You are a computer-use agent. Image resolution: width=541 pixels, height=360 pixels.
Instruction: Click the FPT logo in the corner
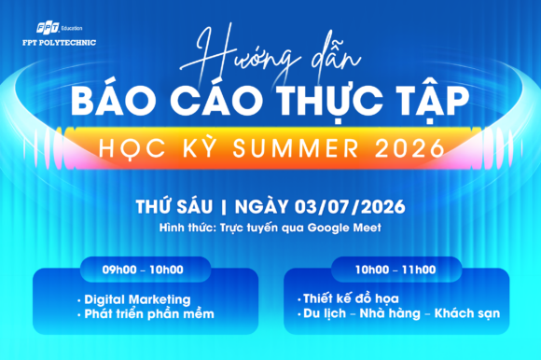48,28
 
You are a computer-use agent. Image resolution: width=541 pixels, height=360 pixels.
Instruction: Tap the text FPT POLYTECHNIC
60,42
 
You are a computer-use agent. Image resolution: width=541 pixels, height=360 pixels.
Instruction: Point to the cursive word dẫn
336,61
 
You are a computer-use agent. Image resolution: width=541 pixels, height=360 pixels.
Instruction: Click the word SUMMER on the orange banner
296,148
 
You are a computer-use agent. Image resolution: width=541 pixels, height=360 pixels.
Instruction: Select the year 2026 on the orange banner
409,148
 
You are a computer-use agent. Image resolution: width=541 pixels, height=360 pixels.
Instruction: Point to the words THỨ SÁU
174,206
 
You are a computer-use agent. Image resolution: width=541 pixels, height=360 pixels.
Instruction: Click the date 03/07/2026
350,207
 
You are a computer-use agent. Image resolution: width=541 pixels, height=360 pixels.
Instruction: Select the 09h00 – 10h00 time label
143,270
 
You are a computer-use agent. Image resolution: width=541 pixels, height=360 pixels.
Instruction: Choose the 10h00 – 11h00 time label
395,270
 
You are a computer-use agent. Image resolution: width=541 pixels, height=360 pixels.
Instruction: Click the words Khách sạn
467,313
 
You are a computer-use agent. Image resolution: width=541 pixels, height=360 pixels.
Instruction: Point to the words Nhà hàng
390,313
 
